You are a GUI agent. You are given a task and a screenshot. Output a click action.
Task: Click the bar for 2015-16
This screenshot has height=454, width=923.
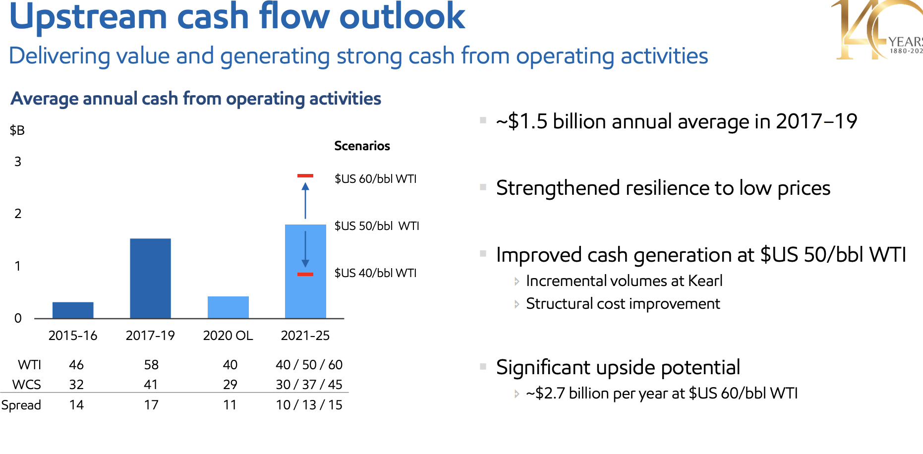[73, 310]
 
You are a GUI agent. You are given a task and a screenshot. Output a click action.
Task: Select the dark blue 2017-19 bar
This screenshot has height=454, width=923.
[150, 278]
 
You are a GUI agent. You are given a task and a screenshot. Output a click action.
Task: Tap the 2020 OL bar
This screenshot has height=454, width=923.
[228, 307]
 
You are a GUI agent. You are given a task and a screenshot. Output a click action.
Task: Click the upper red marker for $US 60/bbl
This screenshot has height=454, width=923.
[305, 176]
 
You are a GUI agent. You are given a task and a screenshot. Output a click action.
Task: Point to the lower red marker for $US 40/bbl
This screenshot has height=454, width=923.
[305, 274]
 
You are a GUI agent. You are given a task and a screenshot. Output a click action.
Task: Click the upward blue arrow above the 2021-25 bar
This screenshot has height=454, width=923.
[305, 200]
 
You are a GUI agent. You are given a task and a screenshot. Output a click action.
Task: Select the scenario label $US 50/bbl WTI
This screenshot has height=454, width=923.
[377, 226]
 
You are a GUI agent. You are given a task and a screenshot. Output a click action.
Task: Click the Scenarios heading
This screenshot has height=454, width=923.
[362, 146]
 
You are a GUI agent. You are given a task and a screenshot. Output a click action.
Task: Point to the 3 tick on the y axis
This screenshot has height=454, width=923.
[18, 162]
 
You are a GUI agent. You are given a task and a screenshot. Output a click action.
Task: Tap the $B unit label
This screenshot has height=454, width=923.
[17, 130]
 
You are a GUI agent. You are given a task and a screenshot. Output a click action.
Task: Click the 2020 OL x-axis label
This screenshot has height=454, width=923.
[228, 336]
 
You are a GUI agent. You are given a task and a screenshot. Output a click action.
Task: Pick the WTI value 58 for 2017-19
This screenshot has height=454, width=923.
[151, 365]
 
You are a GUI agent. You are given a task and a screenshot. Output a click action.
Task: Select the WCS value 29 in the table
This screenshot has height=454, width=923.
[230, 385]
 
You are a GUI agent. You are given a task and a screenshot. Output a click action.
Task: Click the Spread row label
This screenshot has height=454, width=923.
[21, 405]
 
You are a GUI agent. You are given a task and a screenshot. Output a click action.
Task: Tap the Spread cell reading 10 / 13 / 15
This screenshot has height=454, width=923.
[309, 405]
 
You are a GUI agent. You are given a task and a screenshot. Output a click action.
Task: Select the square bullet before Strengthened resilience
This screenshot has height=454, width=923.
[483, 187]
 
